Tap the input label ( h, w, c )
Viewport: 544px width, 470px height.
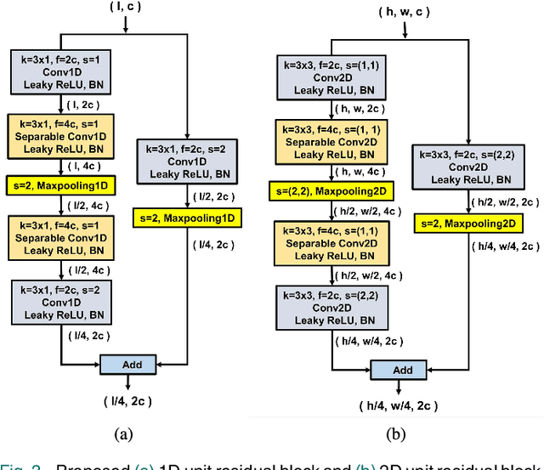[x=405, y=12]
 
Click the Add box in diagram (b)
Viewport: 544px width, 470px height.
[x=403, y=370]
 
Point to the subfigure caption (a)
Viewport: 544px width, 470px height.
[x=124, y=433]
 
